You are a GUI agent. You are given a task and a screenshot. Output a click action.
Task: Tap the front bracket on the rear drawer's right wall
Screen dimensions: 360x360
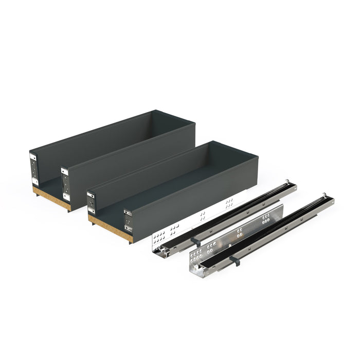point(66,183)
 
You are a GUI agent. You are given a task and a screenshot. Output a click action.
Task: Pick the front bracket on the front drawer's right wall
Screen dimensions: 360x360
point(127,220)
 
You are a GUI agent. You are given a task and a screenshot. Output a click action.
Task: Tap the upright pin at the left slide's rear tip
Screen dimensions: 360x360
point(286,182)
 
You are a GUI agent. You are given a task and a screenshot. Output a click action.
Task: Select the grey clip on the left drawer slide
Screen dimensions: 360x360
point(194,240)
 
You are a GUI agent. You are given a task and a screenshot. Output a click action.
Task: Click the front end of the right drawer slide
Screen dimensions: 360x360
point(194,270)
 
